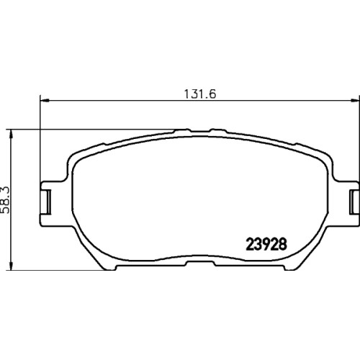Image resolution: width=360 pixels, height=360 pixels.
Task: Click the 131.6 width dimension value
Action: (x=200, y=94)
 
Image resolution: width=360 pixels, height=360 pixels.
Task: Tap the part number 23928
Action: (x=266, y=245)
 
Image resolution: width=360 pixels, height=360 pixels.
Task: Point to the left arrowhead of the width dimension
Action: (x=45, y=100)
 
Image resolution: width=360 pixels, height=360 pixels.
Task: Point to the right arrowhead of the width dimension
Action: (x=355, y=100)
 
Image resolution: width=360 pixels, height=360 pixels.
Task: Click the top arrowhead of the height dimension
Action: (x=11, y=134)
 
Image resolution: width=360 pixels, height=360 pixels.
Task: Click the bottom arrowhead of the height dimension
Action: (x=11, y=266)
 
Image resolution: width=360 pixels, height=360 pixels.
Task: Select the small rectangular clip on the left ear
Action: (x=47, y=202)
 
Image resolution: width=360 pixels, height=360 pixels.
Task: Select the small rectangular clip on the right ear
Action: (x=354, y=202)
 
